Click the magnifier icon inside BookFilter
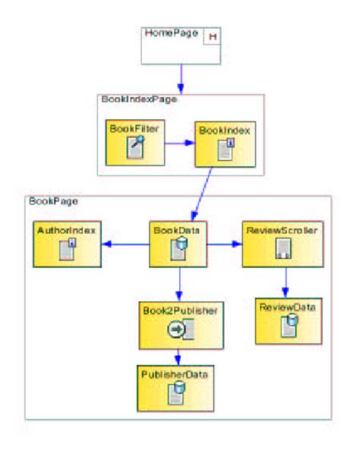click(135, 147)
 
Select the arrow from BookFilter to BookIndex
click(179, 142)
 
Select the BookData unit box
click(178, 244)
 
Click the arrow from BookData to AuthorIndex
click(126, 244)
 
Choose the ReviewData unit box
click(286, 319)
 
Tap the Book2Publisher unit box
click(181, 324)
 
